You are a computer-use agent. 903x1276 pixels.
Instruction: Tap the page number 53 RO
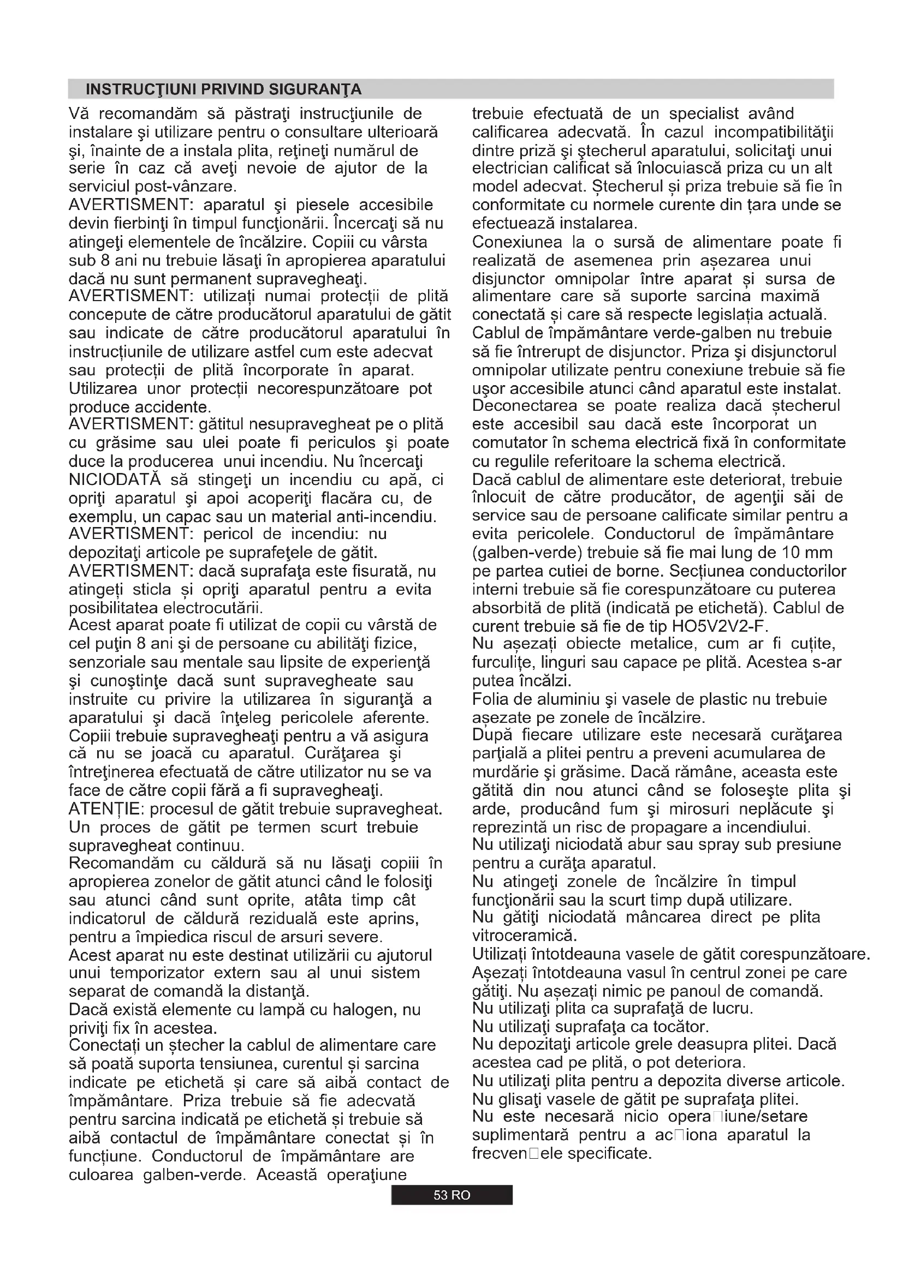point(451,1195)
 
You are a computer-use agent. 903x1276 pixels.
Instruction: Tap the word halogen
point(372,1010)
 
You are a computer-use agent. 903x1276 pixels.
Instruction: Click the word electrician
point(512,168)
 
